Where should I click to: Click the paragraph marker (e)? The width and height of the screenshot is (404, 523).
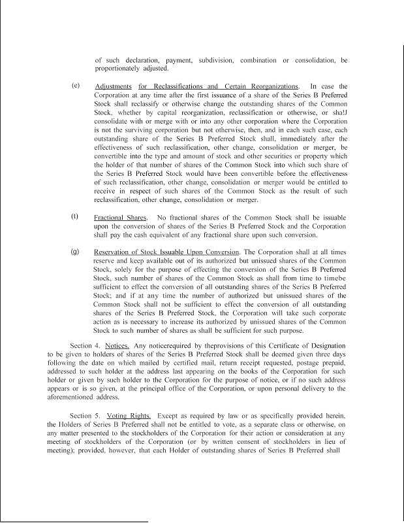click(76, 86)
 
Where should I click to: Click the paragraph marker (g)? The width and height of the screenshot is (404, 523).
click(76, 251)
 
